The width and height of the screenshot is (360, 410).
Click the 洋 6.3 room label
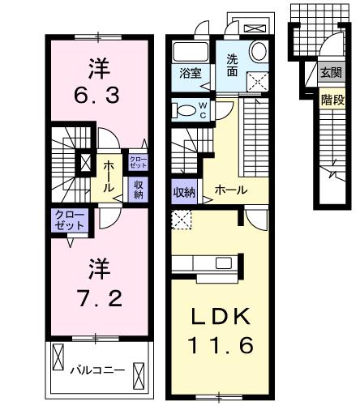pos(99,82)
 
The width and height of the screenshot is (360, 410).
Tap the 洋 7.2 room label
pos(99,284)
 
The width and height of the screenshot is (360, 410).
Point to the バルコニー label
pos(96,369)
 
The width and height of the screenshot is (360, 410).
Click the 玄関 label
pos(331,73)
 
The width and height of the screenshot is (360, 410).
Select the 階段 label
pos(331,100)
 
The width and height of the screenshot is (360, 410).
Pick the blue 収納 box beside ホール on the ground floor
pos(184,192)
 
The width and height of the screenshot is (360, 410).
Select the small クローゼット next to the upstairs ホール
pos(137,160)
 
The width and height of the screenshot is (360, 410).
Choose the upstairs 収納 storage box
pos(137,189)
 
